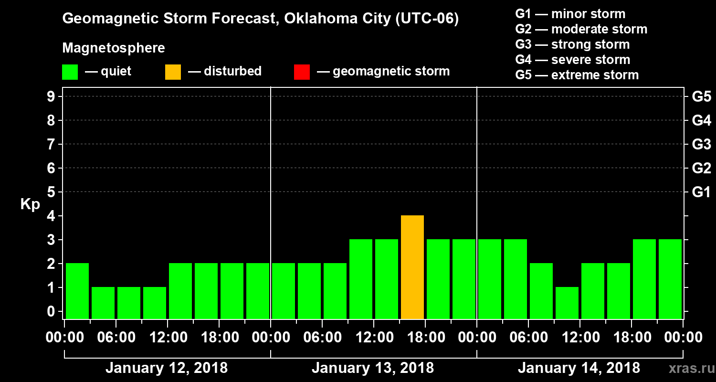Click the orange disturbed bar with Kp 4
412,267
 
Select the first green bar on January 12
77,291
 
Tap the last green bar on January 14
670,279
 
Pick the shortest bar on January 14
567,303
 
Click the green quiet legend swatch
70,72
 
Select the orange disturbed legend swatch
173,72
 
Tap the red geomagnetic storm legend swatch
302,72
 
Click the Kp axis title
30,204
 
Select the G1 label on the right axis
701,192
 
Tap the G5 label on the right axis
701,97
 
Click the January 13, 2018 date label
373,368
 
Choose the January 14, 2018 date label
579,368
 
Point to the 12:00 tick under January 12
168,337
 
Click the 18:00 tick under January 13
425,337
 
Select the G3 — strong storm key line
572,44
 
